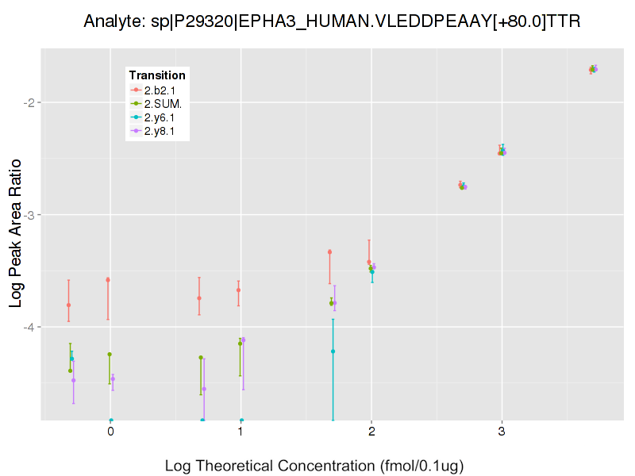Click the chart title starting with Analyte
(333, 21)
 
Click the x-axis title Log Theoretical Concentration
(314, 466)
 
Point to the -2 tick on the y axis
(27, 102)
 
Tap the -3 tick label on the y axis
(27, 215)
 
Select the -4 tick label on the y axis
(27, 327)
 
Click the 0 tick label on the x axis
(110, 432)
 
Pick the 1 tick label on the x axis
(241, 432)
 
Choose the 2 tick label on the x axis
(371, 432)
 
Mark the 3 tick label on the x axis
(501, 432)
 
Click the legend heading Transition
(157, 75)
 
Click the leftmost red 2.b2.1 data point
(68, 305)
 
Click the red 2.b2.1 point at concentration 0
(108, 280)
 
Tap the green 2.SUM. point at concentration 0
(110, 355)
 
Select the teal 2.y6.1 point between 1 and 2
(333, 351)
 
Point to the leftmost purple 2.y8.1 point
(73, 380)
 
